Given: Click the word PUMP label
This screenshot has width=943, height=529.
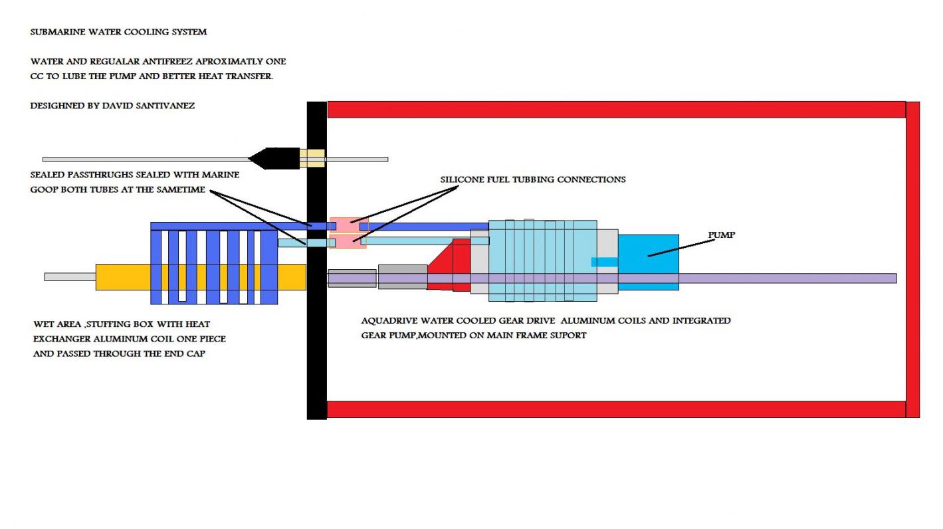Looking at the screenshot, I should [721, 235].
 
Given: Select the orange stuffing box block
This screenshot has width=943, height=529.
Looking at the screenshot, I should [123, 277].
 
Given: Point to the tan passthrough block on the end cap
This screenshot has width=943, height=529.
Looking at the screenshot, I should [312, 158].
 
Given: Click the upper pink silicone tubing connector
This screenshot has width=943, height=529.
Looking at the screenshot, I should [348, 225].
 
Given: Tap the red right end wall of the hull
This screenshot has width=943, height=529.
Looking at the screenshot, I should [912, 259].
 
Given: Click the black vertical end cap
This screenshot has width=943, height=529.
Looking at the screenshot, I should [316, 332].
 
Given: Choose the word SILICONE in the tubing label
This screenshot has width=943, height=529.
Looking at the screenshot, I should [464, 179].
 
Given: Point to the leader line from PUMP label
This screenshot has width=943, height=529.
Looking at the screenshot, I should [681, 247].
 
